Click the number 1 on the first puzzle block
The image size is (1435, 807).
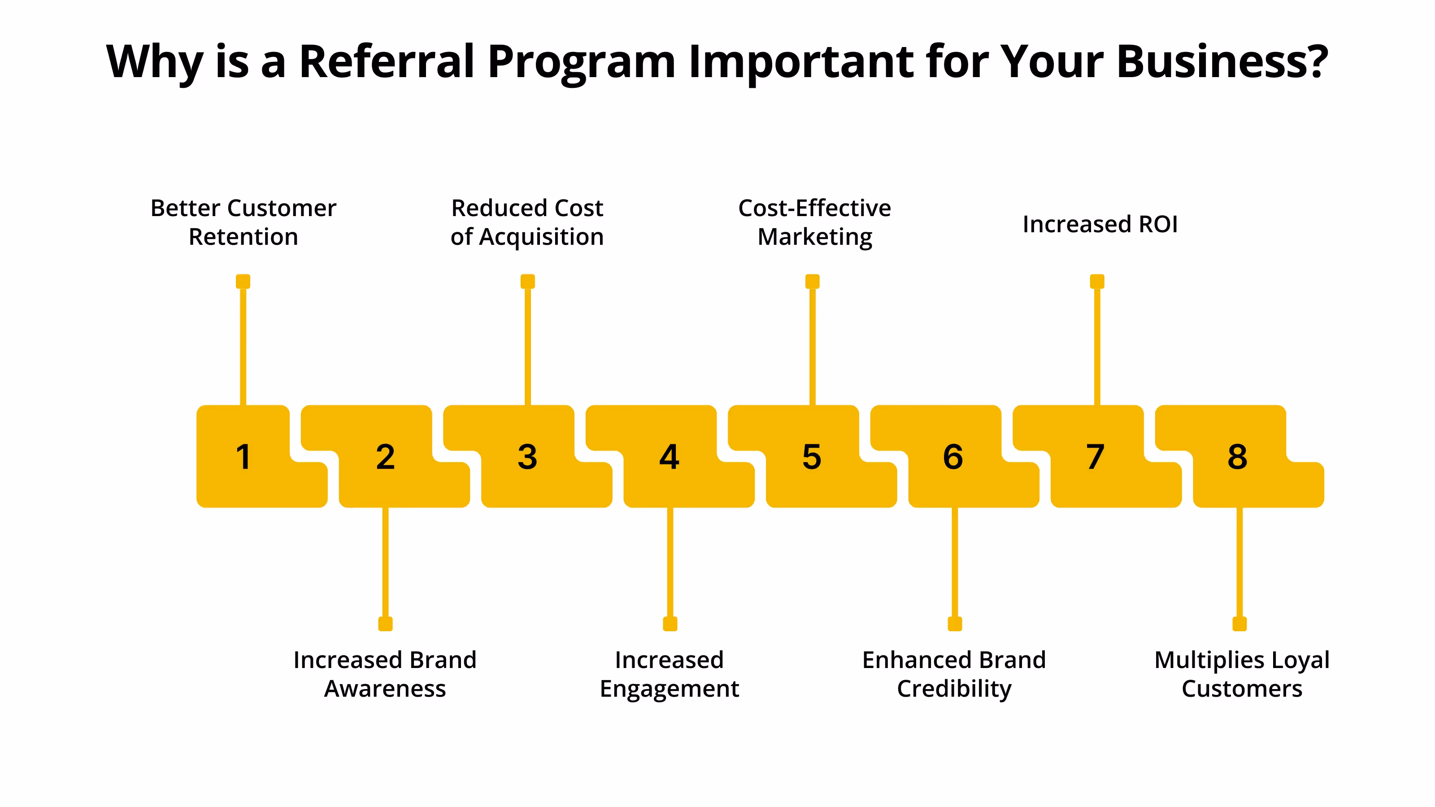click(x=244, y=457)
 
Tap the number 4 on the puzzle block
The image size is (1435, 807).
click(x=669, y=457)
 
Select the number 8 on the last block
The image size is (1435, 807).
click(x=1237, y=457)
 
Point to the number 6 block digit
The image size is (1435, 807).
click(x=953, y=457)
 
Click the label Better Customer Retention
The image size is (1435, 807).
click(x=244, y=222)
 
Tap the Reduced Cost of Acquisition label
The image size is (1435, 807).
click(x=527, y=222)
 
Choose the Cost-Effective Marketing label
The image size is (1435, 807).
click(x=814, y=222)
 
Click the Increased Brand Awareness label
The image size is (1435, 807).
click(x=385, y=674)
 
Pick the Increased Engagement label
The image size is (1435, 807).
click(x=669, y=674)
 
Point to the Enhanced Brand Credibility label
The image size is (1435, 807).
click(x=954, y=674)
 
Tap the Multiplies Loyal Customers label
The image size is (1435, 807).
click(x=1242, y=674)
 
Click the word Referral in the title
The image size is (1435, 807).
click(x=387, y=61)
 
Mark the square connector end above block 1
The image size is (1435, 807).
click(x=243, y=281)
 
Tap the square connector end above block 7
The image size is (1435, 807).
click(x=1097, y=281)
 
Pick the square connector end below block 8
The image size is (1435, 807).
click(x=1239, y=624)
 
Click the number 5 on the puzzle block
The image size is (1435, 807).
click(x=812, y=457)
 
